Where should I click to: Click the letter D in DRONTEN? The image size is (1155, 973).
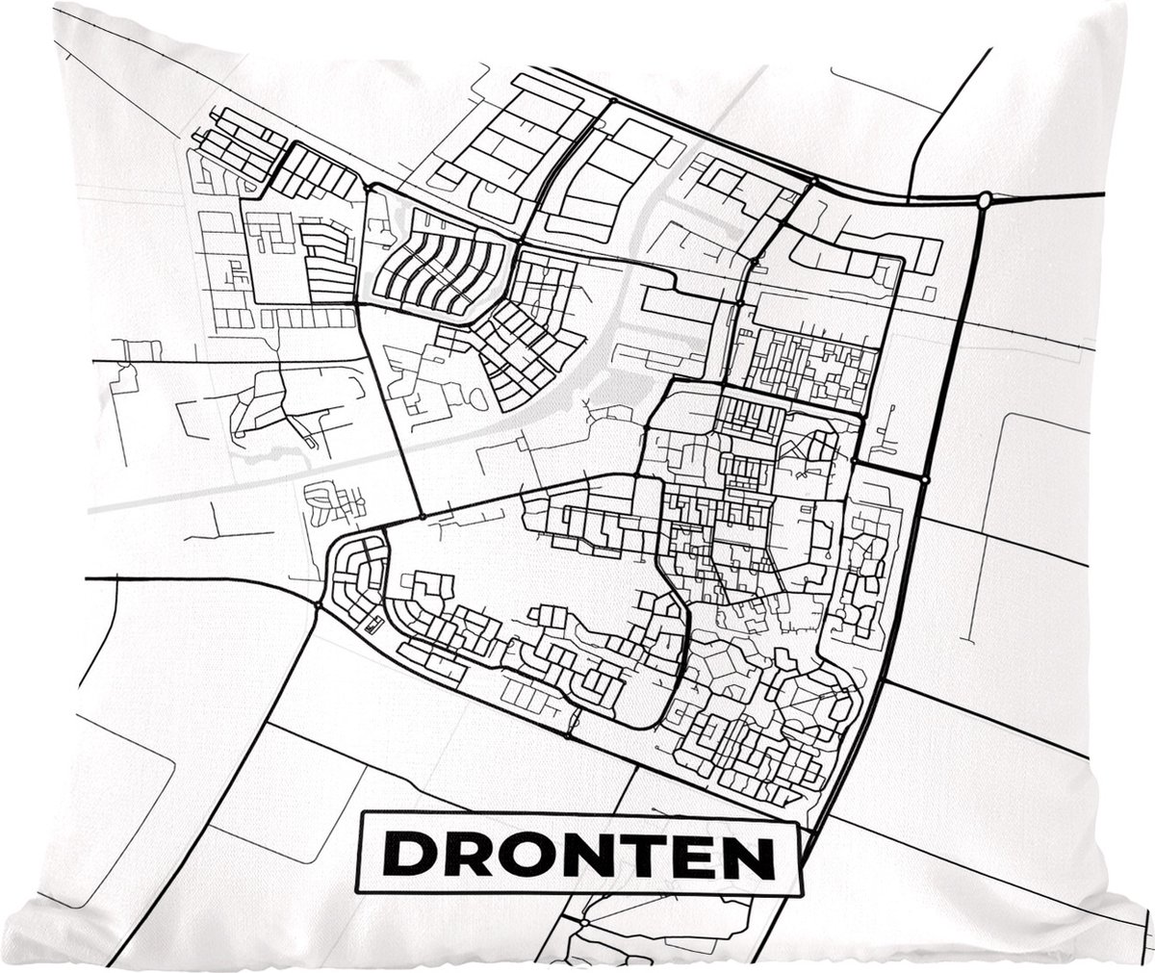[x=406, y=855]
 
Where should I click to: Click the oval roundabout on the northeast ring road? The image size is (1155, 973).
[x=984, y=200]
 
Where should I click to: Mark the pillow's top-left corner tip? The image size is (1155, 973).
[x=56, y=5]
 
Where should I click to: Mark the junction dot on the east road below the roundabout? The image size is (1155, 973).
[x=924, y=478]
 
